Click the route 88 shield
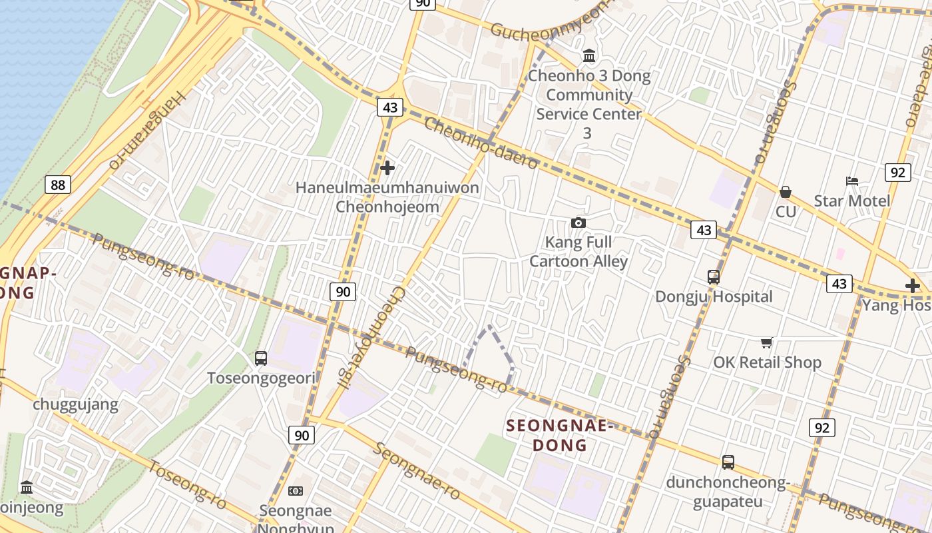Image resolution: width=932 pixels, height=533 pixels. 58,185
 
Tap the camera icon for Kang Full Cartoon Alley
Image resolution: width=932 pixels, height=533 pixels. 579,223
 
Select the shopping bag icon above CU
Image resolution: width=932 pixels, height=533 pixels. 786,192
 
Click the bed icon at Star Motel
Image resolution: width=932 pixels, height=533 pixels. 851,181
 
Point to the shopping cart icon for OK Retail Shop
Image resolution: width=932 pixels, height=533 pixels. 767,343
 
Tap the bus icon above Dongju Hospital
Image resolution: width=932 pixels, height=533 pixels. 714,277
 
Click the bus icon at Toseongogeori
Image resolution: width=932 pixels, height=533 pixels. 261,358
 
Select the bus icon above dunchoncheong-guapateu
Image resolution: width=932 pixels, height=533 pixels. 728,462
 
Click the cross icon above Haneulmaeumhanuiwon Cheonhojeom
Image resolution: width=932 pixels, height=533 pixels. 387,168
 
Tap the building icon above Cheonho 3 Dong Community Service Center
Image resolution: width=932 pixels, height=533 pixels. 589,55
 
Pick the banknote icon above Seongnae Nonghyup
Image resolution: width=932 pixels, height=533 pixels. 296,491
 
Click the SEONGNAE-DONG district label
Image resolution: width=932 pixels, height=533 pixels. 558,435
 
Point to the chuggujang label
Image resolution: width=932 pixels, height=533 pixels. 76,404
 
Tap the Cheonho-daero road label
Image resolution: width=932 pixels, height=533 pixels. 481,143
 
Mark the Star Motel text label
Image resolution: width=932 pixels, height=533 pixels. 851,201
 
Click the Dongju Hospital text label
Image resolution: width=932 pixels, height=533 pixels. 714,296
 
